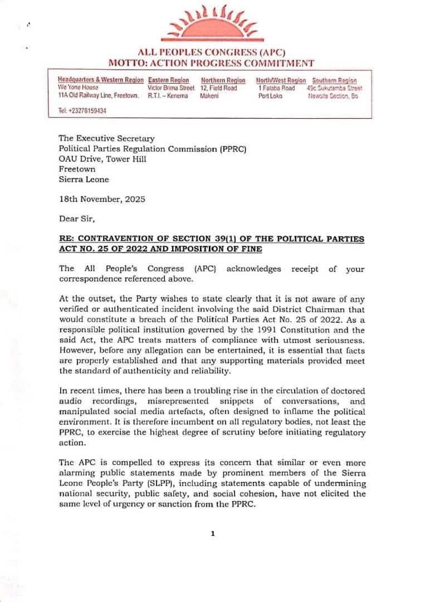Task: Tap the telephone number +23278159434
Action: (x=87, y=111)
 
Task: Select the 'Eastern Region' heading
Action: (x=168, y=80)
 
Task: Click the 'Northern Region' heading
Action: (x=223, y=80)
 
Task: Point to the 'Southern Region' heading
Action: (x=334, y=80)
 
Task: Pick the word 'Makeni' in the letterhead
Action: (x=209, y=96)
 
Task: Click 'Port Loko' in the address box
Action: (x=270, y=96)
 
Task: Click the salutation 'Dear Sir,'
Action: (x=76, y=219)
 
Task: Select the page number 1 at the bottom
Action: (x=212, y=533)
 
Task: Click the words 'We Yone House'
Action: (x=78, y=88)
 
